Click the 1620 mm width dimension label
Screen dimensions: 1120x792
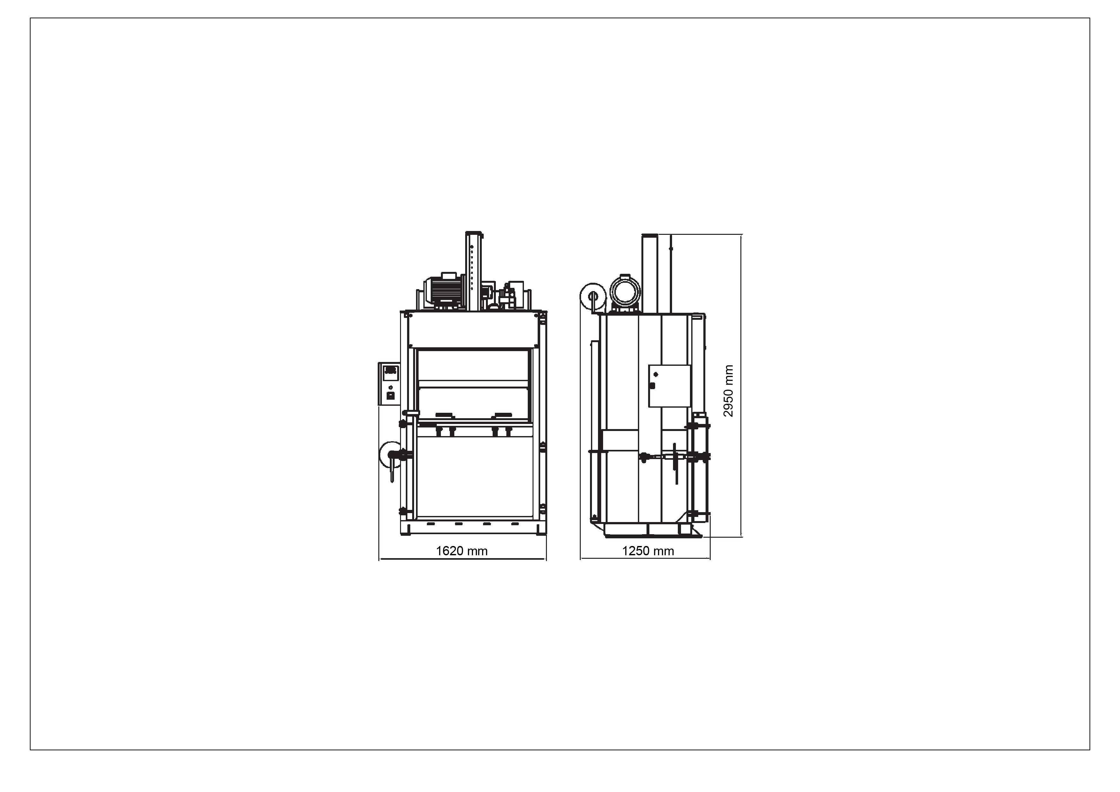point(461,551)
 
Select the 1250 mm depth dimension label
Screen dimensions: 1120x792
point(648,551)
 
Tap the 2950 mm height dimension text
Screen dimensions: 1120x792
point(728,391)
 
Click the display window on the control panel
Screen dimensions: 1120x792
point(390,373)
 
